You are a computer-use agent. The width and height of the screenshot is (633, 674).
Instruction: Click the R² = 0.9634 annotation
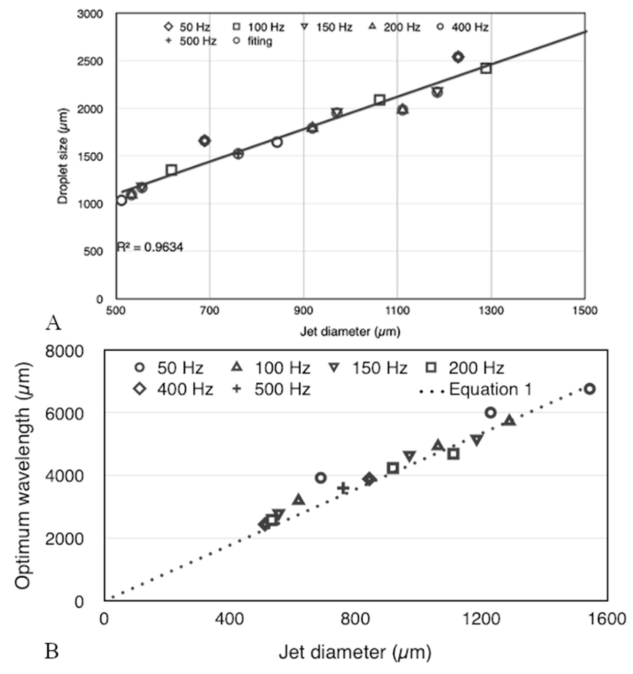[x=150, y=247]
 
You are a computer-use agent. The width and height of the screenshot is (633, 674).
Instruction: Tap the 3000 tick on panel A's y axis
[x=90, y=14]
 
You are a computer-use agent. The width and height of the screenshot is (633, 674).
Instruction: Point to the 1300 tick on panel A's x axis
[x=491, y=310]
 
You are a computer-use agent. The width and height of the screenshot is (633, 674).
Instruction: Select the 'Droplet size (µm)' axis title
[x=63, y=156]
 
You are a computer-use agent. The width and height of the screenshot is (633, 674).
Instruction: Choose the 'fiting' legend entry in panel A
[x=260, y=41]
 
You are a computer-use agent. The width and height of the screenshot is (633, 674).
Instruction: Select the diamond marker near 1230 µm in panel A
[x=458, y=57]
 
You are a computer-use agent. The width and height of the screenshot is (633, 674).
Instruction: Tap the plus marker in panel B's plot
[x=343, y=488]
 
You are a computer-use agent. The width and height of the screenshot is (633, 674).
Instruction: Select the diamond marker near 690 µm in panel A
[x=204, y=141]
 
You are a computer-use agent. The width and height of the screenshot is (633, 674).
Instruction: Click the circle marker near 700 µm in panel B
[x=321, y=478]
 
